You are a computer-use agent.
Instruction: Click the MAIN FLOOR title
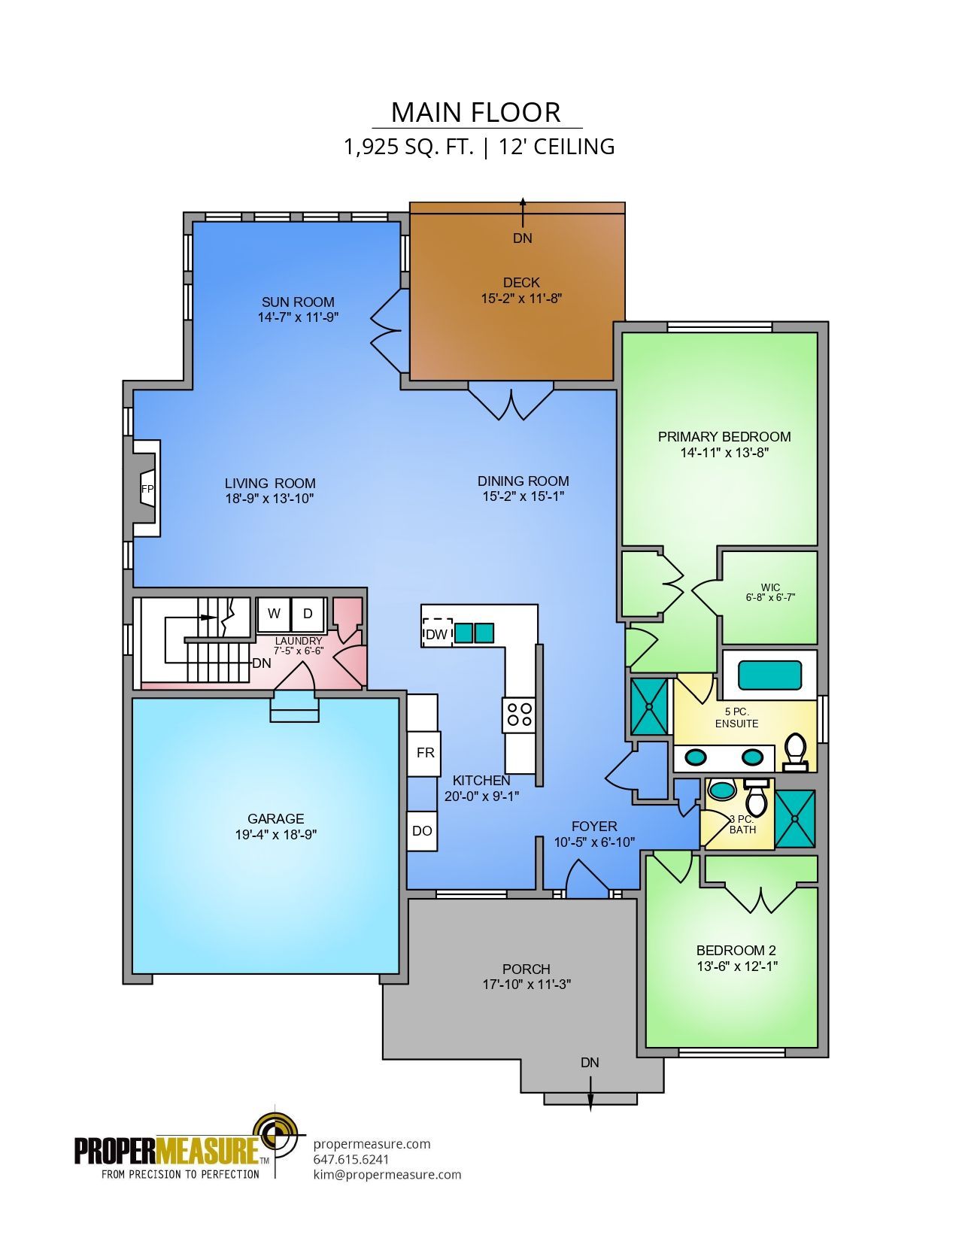pyautogui.click(x=476, y=113)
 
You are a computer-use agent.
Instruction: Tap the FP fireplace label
pyautogui.click(x=147, y=489)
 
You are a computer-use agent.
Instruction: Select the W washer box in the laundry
pyautogui.click(x=275, y=614)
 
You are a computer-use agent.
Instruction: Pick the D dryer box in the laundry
pyautogui.click(x=308, y=614)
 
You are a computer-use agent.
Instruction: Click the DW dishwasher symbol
pyautogui.click(x=437, y=633)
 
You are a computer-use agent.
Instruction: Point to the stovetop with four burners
pyautogui.click(x=519, y=715)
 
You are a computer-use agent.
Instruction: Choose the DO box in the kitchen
pyautogui.click(x=422, y=831)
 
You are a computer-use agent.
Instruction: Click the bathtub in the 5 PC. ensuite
pyautogui.click(x=769, y=675)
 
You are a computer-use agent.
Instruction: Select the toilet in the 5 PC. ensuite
pyautogui.click(x=795, y=752)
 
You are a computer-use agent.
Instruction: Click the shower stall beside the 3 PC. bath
pyautogui.click(x=794, y=819)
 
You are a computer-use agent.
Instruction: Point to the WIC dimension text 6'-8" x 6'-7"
pyautogui.click(x=770, y=598)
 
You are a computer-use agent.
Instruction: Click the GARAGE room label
pyautogui.click(x=275, y=819)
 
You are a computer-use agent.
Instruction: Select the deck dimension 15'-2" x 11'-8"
pyautogui.click(x=521, y=298)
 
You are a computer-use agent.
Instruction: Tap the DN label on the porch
pyautogui.click(x=590, y=1063)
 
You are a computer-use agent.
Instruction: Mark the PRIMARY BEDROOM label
pyautogui.click(x=724, y=437)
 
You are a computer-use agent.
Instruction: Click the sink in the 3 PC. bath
pyautogui.click(x=723, y=791)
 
